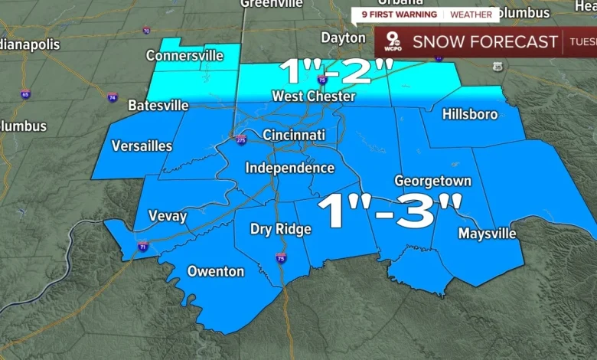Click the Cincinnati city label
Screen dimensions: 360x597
click(x=294, y=136)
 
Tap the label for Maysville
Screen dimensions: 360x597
click(x=487, y=234)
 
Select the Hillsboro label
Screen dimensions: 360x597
click(x=470, y=114)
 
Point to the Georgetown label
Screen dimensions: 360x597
click(x=432, y=181)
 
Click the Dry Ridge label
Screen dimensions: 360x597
click(x=281, y=229)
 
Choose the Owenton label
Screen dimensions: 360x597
click(x=216, y=271)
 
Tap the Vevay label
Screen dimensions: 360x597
click(x=167, y=216)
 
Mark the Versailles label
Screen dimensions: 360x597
click(x=141, y=146)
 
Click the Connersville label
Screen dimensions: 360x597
click(x=184, y=56)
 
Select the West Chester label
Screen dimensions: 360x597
click(x=314, y=97)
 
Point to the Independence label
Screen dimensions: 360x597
click(x=289, y=168)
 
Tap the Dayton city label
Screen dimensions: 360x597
click(x=343, y=38)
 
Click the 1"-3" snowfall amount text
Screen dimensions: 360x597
click(x=390, y=211)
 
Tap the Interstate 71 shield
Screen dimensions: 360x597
click(x=143, y=246)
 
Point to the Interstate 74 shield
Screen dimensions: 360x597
click(x=113, y=97)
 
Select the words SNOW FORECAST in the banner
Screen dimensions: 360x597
click(x=485, y=42)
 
